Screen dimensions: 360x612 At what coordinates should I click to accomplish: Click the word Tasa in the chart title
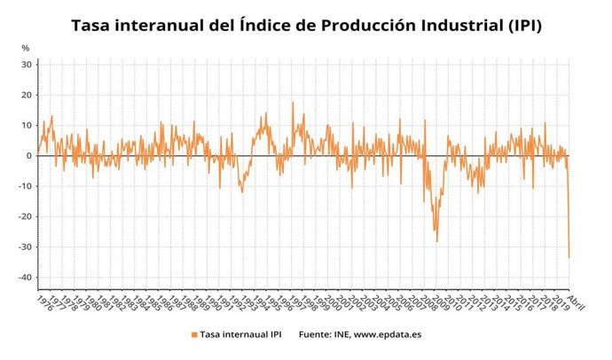coord(92,26)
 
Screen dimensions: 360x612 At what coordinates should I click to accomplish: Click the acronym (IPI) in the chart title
coord(520,26)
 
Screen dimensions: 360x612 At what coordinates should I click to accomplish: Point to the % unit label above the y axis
coord(26,47)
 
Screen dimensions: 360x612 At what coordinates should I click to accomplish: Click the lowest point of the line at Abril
coord(569,257)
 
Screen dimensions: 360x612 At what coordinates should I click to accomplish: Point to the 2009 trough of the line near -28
coord(435,240)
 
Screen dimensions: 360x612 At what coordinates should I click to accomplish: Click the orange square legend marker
coord(193,334)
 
